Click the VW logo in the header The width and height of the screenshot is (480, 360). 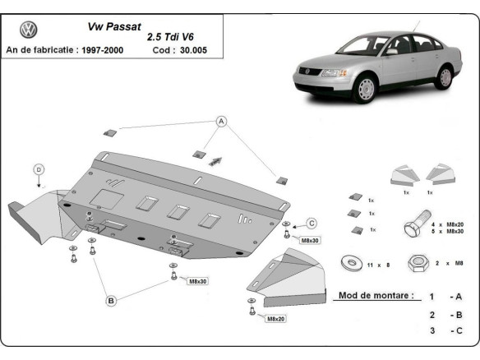coord(29,31)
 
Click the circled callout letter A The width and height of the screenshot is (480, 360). coord(221,121)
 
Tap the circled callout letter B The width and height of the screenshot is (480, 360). coord(110,301)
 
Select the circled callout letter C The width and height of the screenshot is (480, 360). coord(312,222)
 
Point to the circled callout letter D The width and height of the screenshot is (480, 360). coord(38,169)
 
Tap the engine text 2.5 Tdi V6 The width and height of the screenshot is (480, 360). coord(173,37)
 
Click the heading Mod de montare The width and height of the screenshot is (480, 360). coord(376,294)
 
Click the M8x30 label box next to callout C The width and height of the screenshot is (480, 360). coord(311,240)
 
